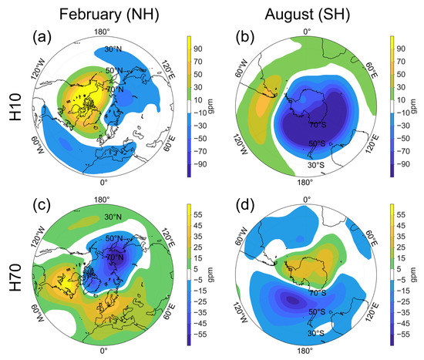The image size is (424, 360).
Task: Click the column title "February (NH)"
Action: [109, 15]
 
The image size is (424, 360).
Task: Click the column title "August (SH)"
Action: [308, 15]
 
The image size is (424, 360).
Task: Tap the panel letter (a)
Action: [42, 37]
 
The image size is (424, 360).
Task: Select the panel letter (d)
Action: [245, 206]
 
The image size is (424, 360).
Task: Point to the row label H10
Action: [15, 107]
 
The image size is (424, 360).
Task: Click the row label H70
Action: [15, 278]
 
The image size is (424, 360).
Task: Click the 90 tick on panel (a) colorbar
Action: [198, 49]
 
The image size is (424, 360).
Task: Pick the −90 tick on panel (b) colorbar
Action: [401, 164]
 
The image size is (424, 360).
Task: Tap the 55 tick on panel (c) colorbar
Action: [198, 215]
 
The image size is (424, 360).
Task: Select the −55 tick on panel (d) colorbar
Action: [401, 335]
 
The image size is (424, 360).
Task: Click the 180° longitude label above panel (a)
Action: [102, 32]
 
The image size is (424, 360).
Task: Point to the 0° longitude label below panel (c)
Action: [103, 351]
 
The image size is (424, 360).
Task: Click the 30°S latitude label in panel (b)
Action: [316, 165]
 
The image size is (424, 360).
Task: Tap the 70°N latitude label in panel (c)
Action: [115, 257]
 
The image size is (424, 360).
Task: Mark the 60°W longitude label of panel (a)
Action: [38, 145]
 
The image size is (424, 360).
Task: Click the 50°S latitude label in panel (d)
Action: [317, 311]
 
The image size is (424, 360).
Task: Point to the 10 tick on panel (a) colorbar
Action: [198, 100]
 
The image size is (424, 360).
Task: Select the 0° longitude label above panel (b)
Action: [307, 32]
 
